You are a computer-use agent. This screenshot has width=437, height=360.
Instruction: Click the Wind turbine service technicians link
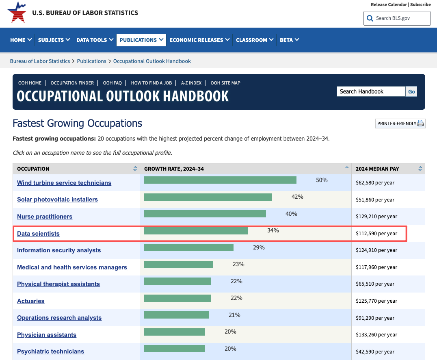64,183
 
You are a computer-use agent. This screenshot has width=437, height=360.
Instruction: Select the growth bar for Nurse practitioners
205,214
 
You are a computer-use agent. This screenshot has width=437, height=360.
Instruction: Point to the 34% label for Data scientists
273,230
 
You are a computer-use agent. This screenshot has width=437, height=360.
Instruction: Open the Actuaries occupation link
31,301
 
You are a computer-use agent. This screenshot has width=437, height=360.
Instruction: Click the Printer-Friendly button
400,124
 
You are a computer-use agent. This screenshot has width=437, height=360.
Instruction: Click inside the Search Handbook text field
371,91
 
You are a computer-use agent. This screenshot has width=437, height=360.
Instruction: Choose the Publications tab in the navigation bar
141,40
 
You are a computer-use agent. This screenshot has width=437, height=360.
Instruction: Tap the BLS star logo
17,13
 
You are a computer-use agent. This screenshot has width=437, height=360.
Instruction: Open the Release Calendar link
389,4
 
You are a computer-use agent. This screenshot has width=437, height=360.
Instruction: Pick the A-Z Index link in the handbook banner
191,83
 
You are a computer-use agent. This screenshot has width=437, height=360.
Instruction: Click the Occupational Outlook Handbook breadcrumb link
152,61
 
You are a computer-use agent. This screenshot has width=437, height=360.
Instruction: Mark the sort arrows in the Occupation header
135,169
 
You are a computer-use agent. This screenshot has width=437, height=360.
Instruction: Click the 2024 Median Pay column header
377,169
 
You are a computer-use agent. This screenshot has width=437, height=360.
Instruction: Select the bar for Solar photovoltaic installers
208,197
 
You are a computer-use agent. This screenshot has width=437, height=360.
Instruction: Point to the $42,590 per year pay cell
375,351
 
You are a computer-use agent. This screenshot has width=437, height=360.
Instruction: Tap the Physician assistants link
47,335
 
